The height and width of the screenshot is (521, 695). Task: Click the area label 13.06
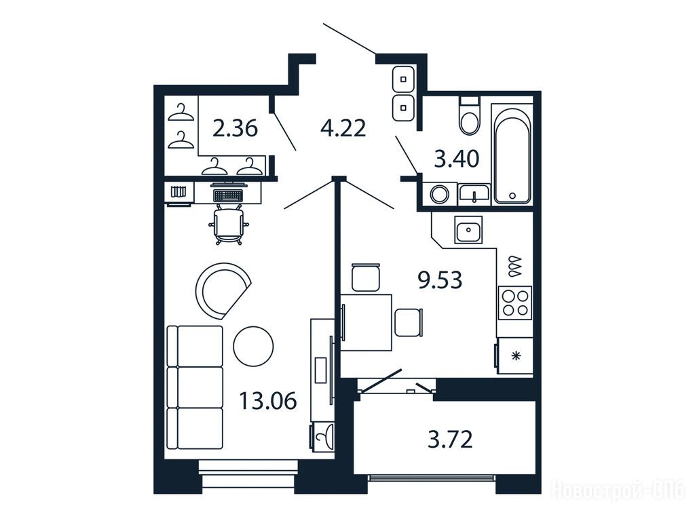267,402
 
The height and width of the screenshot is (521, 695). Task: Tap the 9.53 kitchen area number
440,280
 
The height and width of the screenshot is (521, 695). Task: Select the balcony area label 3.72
451,440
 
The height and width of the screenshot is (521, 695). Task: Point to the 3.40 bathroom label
457,159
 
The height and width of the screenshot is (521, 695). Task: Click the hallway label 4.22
343,128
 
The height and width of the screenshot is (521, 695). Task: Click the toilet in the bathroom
470,115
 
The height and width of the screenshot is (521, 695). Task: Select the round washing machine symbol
440,195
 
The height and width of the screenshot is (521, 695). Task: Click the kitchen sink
468,229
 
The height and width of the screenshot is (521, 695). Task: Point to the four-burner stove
515,303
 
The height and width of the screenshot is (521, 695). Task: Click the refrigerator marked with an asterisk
514,355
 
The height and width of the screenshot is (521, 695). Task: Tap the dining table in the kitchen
366,322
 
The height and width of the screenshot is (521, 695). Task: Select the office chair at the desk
229,224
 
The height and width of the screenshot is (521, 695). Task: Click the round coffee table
253,346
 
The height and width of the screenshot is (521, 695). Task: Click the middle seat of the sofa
195,387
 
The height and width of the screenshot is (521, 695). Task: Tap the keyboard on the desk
228,195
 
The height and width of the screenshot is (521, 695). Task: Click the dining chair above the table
366,277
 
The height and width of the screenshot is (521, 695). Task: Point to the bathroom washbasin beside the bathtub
474,193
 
